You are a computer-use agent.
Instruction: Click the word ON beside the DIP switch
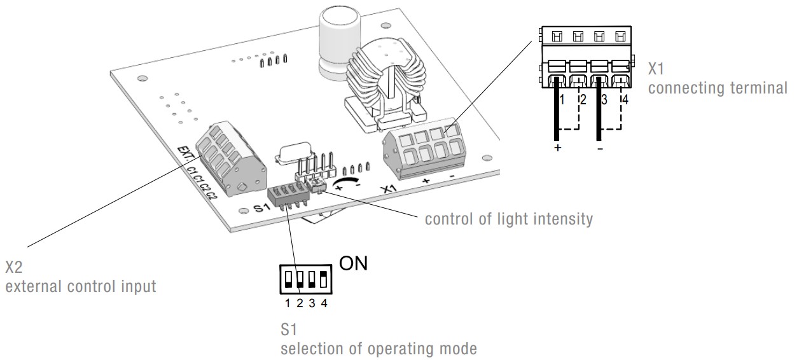click(x=353, y=264)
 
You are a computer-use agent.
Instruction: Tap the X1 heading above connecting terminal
click(x=656, y=69)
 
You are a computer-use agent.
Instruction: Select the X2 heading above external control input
click(x=14, y=267)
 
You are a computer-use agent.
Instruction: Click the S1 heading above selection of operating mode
click(x=289, y=329)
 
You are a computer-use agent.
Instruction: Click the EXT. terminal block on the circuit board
click(x=231, y=158)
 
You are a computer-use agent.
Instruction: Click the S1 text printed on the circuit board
click(x=262, y=207)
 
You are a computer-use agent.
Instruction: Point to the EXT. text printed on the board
click(x=186, y=154)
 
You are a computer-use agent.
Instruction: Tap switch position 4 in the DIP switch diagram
click(x=324, y=279)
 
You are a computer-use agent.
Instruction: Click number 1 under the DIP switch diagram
click(x=288, y=303)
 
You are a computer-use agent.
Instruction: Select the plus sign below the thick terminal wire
click(x=557, y=148)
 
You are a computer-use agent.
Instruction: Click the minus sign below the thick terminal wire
click(x=600, y=148)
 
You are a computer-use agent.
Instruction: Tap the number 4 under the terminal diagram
click(x=625, y=100)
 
